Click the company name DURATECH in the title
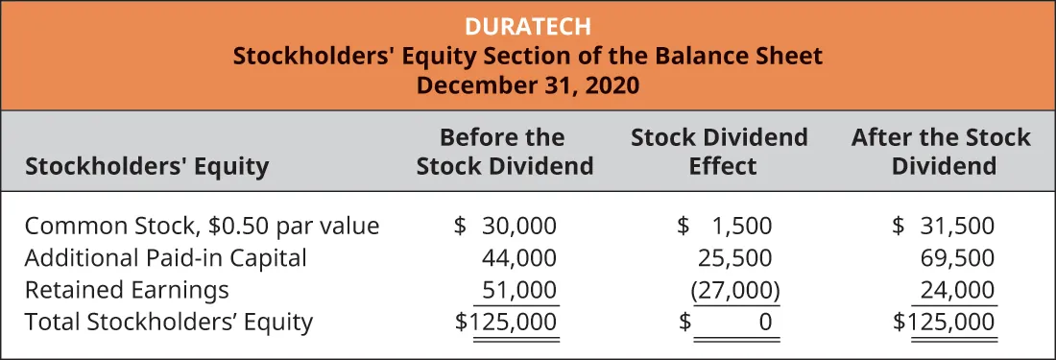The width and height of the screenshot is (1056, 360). pos(527,26)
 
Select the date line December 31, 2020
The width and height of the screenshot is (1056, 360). pos(527,84)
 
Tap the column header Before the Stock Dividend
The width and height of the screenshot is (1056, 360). pos(504,152)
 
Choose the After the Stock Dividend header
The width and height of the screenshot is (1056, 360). pos(941,152)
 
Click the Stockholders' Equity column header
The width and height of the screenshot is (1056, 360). pos(147,167)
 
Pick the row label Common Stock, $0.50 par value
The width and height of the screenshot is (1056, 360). pos(202,227)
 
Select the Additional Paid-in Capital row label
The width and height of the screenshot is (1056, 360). pos(165,257)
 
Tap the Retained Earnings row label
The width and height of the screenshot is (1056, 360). pos(127,289)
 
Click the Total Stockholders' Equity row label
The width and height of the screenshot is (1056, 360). pos(169,321)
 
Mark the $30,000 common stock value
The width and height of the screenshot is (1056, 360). pos(505,227)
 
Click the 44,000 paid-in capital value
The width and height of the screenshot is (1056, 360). pos(518,257)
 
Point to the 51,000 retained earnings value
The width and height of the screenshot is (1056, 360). pos(518,289)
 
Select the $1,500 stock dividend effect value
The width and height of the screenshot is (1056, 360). pos(725,227)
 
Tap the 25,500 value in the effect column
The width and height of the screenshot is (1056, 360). pos(733,257)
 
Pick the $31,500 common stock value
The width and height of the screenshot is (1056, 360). pos(943,227)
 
